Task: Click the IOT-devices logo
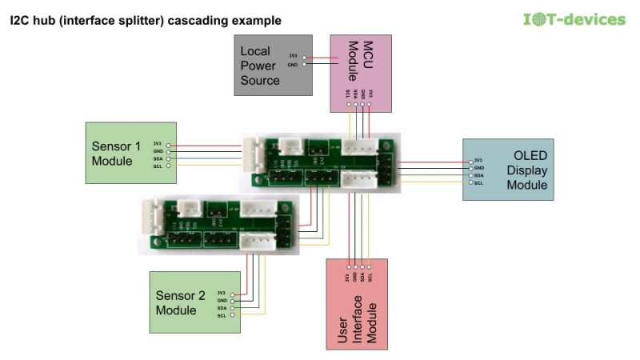click(x=573, y=18)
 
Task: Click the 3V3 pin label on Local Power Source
click(x=294, y=55)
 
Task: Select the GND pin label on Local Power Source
click(x=294, y=64)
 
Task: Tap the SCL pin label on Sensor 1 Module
click(x=158, y=166)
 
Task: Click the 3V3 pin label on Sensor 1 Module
click(x=158, y=143)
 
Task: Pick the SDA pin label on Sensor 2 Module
click(x=222, y=308)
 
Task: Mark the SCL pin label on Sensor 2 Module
click(x=222, y=316)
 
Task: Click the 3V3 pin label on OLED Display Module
click(x=478, y=160)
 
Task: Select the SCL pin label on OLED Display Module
click(x=478, y=183)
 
